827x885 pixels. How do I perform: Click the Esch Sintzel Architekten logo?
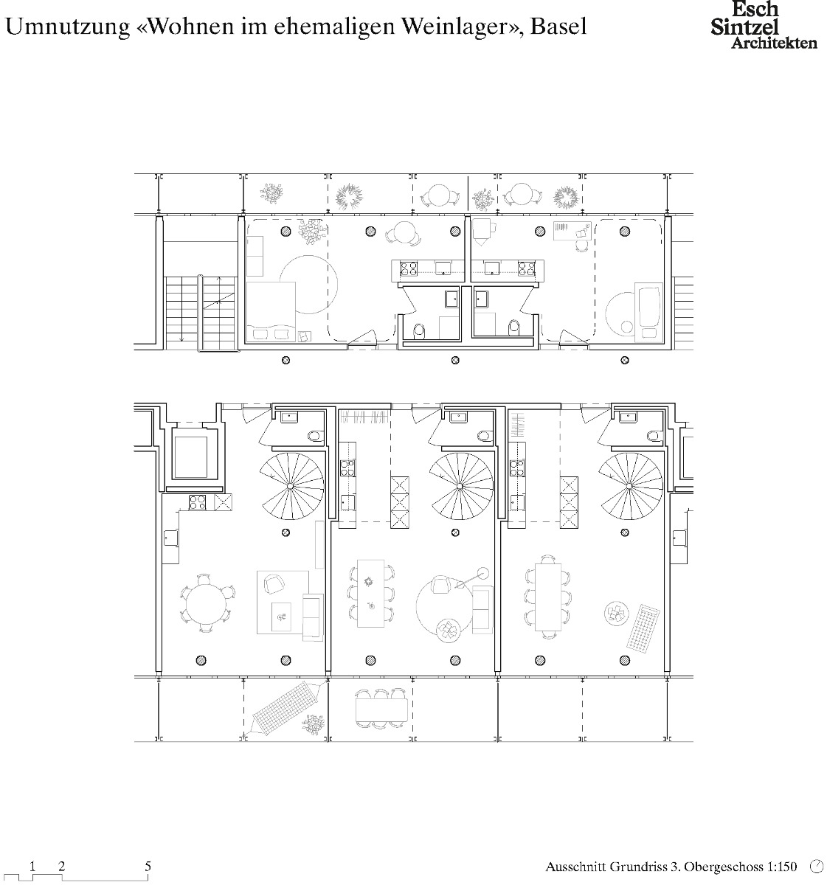[763, 26]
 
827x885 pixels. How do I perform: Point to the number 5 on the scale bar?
[148, 866]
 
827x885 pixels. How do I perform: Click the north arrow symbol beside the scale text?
[816, 866]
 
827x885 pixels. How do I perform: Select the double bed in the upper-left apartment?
[270, 312]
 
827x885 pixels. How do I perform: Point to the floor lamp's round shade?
[483, 572]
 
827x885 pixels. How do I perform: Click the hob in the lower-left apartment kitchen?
[198, 503]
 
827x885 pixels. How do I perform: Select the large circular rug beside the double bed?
[302, 294]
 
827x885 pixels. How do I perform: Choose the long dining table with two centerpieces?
[371, 593]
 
